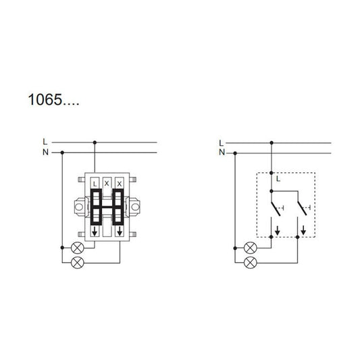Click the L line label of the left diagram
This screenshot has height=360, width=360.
(45, 143)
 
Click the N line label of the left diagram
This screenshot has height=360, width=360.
(45, 153)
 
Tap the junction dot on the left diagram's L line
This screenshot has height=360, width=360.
(95, 143)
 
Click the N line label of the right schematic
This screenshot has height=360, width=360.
(222, 153)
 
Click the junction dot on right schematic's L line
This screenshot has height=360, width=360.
(271, 143)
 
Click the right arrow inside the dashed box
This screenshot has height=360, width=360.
(303, 230)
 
